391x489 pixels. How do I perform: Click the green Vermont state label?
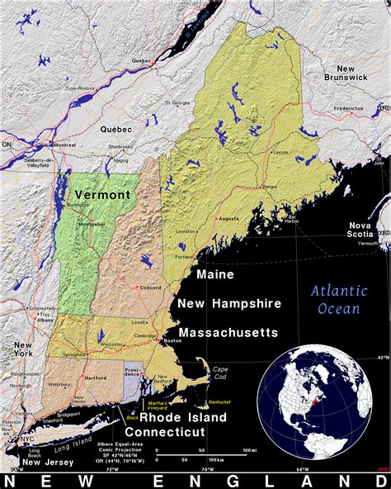pos(102,195)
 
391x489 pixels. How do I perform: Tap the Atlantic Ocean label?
pos(335,300)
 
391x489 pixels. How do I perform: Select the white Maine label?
pos(214,274)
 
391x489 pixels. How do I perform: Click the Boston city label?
pos(172,341)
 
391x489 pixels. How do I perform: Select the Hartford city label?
pos(95,377)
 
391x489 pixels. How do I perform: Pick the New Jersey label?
pos(49,462)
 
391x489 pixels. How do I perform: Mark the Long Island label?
pos(73,447)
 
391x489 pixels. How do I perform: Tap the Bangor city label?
pos(269,187)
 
